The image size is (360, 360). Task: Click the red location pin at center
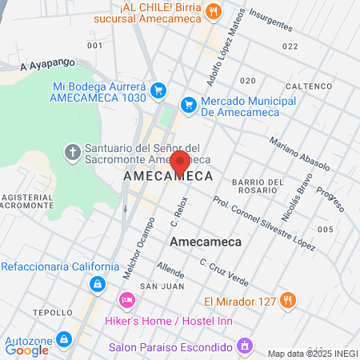(180, 161)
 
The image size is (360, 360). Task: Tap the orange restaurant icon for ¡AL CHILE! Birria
(214, 10)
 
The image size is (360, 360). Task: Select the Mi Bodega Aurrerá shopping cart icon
(158, 90)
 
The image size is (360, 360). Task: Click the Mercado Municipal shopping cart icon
(189, 103)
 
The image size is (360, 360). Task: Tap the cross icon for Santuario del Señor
(71, 151)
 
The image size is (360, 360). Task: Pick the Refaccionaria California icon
(97, 283)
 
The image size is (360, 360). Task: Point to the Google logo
(27, 350)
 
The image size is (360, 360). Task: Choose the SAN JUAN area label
(157, 286)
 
